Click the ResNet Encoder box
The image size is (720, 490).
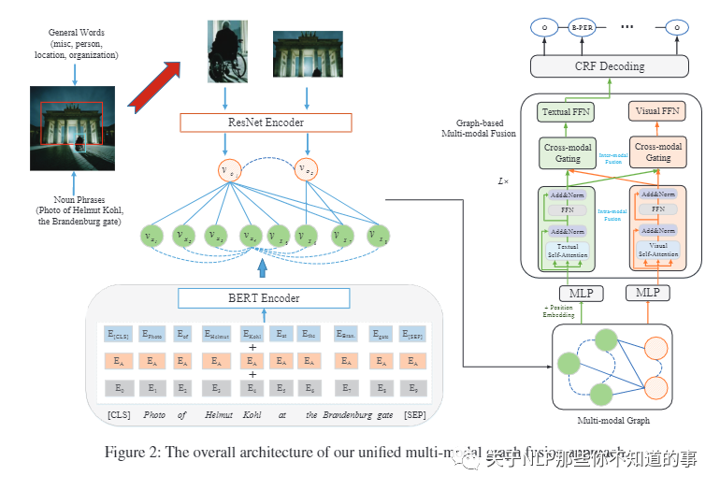(265, 122)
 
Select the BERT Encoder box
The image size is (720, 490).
(265, 297)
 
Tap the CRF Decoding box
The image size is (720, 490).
(610, 65)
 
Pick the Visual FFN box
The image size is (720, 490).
(658, 112)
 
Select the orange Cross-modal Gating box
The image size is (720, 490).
(658, 152)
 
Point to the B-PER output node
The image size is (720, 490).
(581, 28)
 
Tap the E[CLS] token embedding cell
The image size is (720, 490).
(119, 333)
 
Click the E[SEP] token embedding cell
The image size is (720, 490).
(412, 333)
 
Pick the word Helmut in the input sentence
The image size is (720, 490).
(217, 414)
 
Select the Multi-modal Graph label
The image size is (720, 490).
(612, 421)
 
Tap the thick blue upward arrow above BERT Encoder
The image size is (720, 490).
(262, 268)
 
